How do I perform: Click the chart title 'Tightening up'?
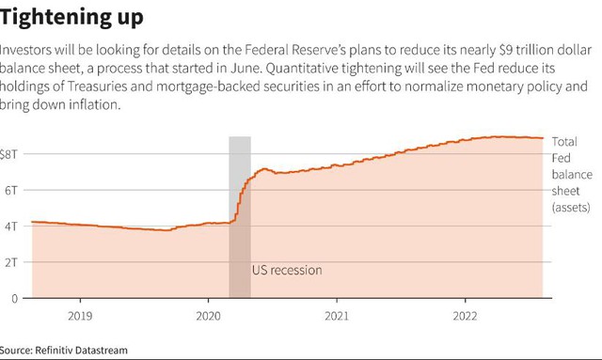pos(71,18)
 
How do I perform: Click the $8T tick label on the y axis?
pos(8,154)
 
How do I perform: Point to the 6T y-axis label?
pos(11,191)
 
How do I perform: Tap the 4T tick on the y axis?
pos(11,226)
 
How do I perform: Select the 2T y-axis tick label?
pos(11,262)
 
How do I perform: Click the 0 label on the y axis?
pos(15,299)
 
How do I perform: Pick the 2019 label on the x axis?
pos(80,316)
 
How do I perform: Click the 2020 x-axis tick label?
pos(208,316)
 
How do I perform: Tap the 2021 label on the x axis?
pos(337,316)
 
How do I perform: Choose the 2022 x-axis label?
pos(465,316)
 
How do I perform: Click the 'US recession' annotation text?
pos(287,270)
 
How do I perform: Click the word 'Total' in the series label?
pos(564,142)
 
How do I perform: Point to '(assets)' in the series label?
pos(571,208)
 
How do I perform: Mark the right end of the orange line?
pos(543,138)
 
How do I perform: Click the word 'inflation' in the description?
pos(94,104)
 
